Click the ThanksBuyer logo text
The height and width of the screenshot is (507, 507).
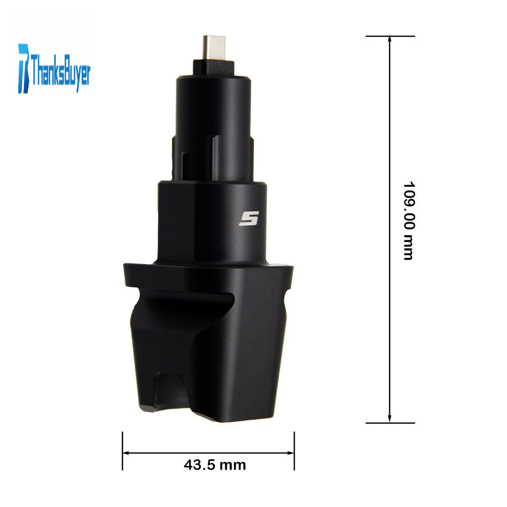click(x=60, y=72)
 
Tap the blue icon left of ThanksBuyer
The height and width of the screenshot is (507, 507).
click(x=24, y=68)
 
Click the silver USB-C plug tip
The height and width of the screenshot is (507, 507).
click(x=214, y=48)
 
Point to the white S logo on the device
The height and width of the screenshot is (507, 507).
click(x=249, y=219)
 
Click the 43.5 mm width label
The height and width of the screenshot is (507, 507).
click(x=215, y=465)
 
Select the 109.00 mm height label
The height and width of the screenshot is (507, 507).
click(x=409, y=221)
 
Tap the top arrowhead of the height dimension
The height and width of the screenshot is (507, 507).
click(x=389, y=39)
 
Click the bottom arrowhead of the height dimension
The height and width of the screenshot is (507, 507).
click(x=389, y=419)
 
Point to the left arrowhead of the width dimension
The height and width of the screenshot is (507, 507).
click(x=126, y=453)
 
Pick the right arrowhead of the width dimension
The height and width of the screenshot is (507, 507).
click(x=291, y=453)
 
